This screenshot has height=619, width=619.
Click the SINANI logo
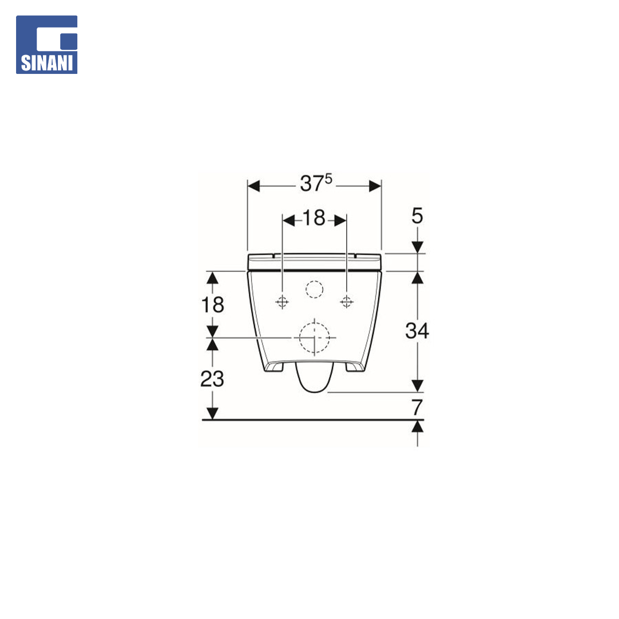[x=46, y=45]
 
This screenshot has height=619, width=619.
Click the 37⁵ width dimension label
[x=316, y=183]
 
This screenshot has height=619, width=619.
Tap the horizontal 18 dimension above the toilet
[x=314, y=218]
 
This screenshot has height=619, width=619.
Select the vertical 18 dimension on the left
[x=213, y=305]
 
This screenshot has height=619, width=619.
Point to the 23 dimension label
[x=212, y=379]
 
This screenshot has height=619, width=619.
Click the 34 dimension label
[x=417, y=331]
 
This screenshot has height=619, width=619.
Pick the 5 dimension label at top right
[x=417, y=216]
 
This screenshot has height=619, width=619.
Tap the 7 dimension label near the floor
[x=417, y=408]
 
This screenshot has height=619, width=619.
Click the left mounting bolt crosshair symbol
[x=282, y=302]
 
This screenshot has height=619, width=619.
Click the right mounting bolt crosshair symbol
[x=347, y=302]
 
